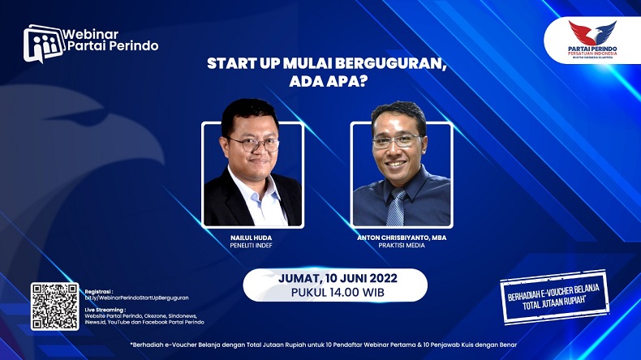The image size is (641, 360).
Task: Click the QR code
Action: tap(55, 306)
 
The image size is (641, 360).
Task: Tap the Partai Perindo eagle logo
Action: tap(592, 33)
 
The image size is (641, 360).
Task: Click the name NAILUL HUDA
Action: tap(252, 237)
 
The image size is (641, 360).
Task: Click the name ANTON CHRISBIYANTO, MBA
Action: tap(402, 237)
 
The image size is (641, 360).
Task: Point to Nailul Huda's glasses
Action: tap(253, 144)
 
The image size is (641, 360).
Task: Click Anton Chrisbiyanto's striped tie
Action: tap(396, 207)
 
